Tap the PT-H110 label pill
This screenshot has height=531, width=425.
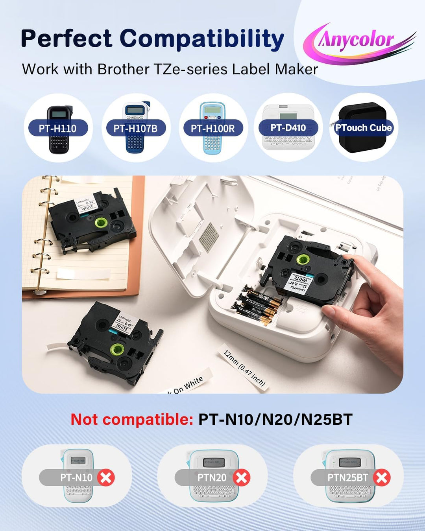point(57,128)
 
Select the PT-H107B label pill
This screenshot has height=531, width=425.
point(135,128)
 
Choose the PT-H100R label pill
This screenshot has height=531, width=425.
point(213,128)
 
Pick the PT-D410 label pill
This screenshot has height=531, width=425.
point(288,127)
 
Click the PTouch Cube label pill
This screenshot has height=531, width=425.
point(363,127)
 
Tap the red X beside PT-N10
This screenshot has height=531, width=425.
point(106,478)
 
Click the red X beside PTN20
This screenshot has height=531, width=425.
point(242,478)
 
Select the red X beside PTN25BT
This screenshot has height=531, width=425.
point(382,478)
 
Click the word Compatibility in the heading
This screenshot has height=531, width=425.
point(201,39)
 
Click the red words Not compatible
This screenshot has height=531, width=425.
point(131,419)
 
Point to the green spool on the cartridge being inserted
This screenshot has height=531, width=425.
point(303,260)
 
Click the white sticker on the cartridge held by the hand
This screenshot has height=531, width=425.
point(298,282)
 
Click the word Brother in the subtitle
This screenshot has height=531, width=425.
point(124,69)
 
